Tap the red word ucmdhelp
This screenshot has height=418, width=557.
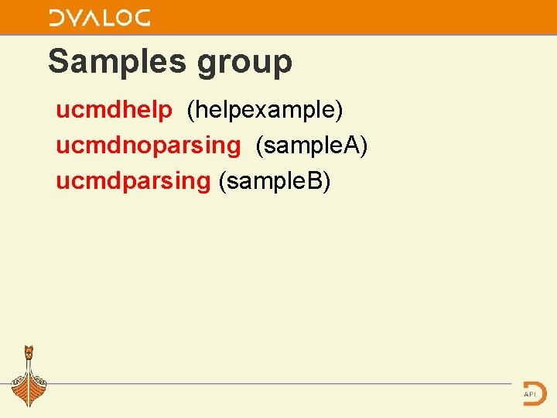point(114,110)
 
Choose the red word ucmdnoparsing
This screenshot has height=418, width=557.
point(148,146)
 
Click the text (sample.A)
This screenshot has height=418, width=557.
point(311,146)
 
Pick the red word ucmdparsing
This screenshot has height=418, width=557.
point(132,181)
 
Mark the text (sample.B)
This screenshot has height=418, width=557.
point(275,181)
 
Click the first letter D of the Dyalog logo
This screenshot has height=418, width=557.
point(58,18)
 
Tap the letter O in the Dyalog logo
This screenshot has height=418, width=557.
point(119,18)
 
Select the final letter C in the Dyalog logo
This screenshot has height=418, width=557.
point(141,18)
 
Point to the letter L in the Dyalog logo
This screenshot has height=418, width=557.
point(101,18)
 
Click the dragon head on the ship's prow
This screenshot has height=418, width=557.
point(29,352)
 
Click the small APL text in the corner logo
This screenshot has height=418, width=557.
point(530,394)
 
